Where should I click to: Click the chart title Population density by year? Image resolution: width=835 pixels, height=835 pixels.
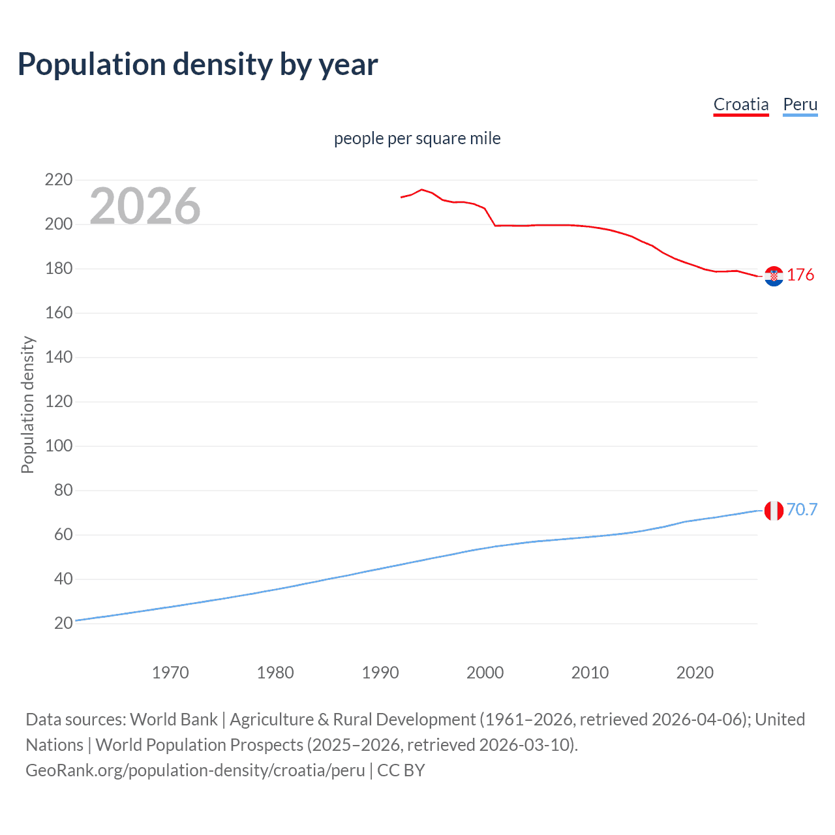click(198, 65)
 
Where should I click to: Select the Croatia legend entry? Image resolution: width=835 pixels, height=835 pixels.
click(740, 104)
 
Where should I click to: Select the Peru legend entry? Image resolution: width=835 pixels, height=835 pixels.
click(800, 104)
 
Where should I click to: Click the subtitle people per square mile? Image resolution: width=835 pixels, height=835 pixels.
click(417, 139)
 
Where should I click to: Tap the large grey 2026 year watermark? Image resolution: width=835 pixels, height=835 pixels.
click(145, 206)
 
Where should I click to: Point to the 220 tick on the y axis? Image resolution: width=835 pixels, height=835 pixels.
click(59, 179)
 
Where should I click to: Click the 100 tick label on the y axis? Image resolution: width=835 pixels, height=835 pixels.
click(59, 446)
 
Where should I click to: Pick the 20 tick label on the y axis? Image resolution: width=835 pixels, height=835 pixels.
click(63, 624)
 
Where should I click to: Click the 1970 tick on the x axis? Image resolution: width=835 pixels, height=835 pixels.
click(170, 673)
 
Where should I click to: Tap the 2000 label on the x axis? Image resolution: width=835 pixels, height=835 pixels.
click(485, 673)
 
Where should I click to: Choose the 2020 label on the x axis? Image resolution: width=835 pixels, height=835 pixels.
click(695, 673)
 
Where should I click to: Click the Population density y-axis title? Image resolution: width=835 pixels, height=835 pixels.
click(27, 404)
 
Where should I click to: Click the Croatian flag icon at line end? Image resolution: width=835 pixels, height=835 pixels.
click(774, 277)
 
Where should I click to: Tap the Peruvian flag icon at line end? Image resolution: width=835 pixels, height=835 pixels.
click(774, 511)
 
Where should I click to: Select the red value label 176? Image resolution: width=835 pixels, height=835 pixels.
click(800, 275)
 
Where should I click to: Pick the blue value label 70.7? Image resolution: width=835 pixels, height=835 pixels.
click(802, 509)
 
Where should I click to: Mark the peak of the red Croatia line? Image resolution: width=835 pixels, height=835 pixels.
click(421, 190)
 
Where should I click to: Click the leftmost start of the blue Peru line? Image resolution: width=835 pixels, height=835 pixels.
click(76, 620)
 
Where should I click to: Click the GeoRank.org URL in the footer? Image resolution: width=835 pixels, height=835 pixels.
click(195, 770)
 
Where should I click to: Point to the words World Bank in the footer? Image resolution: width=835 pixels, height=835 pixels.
click(174, 720)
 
